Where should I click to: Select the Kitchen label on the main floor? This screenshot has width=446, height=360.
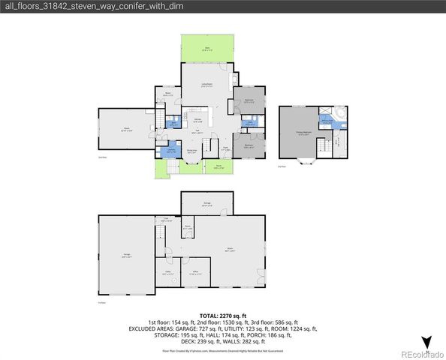[x=199, y=120]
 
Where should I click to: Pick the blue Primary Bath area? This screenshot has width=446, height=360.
[x=327, y=121]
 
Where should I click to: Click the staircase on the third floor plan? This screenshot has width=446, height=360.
[x=324, y=146]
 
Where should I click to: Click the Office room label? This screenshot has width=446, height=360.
[x=194, y=273]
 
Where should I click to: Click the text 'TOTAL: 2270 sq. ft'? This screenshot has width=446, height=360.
[x=223, y=316]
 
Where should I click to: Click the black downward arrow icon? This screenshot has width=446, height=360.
[x=427, y=343]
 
